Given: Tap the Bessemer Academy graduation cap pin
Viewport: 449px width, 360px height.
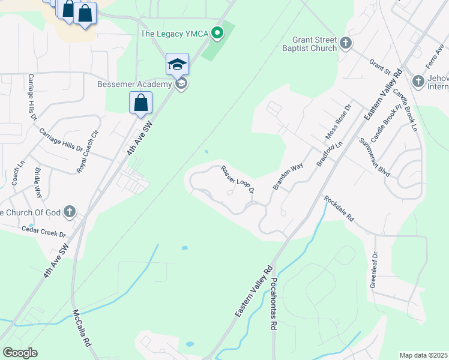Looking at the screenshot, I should pos(178,64).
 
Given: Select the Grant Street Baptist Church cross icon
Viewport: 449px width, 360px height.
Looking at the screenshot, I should pos(345,43).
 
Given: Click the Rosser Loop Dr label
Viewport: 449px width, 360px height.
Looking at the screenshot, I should pos(238,179).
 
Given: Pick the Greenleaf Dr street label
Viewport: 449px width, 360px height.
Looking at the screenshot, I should pos(375,268).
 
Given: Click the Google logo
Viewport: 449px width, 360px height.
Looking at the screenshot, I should pos(20,353).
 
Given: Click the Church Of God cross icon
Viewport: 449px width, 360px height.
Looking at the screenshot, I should pos(70,212).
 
